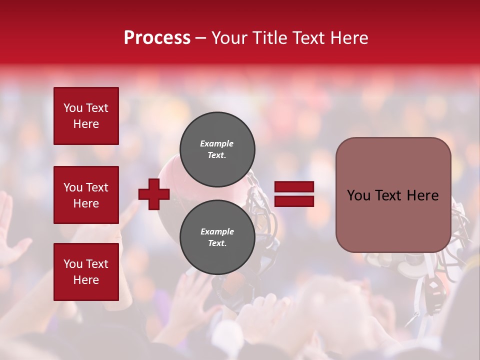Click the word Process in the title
pyautogui.click(x=157, y=38)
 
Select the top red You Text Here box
pyautogui.click(x=86, y=116)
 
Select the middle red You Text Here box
pyautogui.click(x=86, y=195)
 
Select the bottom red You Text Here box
pyautogui.click(x=86, y=271)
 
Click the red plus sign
pyautogui.click(x=154, y=193)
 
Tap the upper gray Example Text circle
pyautogui.click(x=217, y=149)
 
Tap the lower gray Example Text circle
pyautogui.click(x=217, y=237)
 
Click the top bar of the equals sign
pyautogui.click(x=294, y=187)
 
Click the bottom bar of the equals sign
pyautogui.click(x=294, y=201)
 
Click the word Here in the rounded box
pyautogui.click(x=422, y=195)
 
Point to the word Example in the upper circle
pyautogui.click(x=217, y=143)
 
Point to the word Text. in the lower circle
pyautogui.click(x=217, y=243)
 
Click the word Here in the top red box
pyautogui.click(x=86, y=124)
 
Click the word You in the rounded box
pyautogui.click(x=358, y=195)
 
